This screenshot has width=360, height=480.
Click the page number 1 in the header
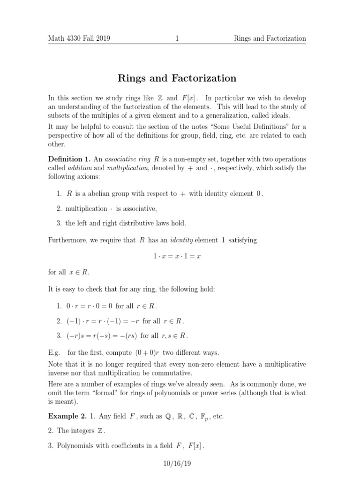[x=177, y=38]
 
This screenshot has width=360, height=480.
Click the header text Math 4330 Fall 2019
[x=79, y=38]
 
